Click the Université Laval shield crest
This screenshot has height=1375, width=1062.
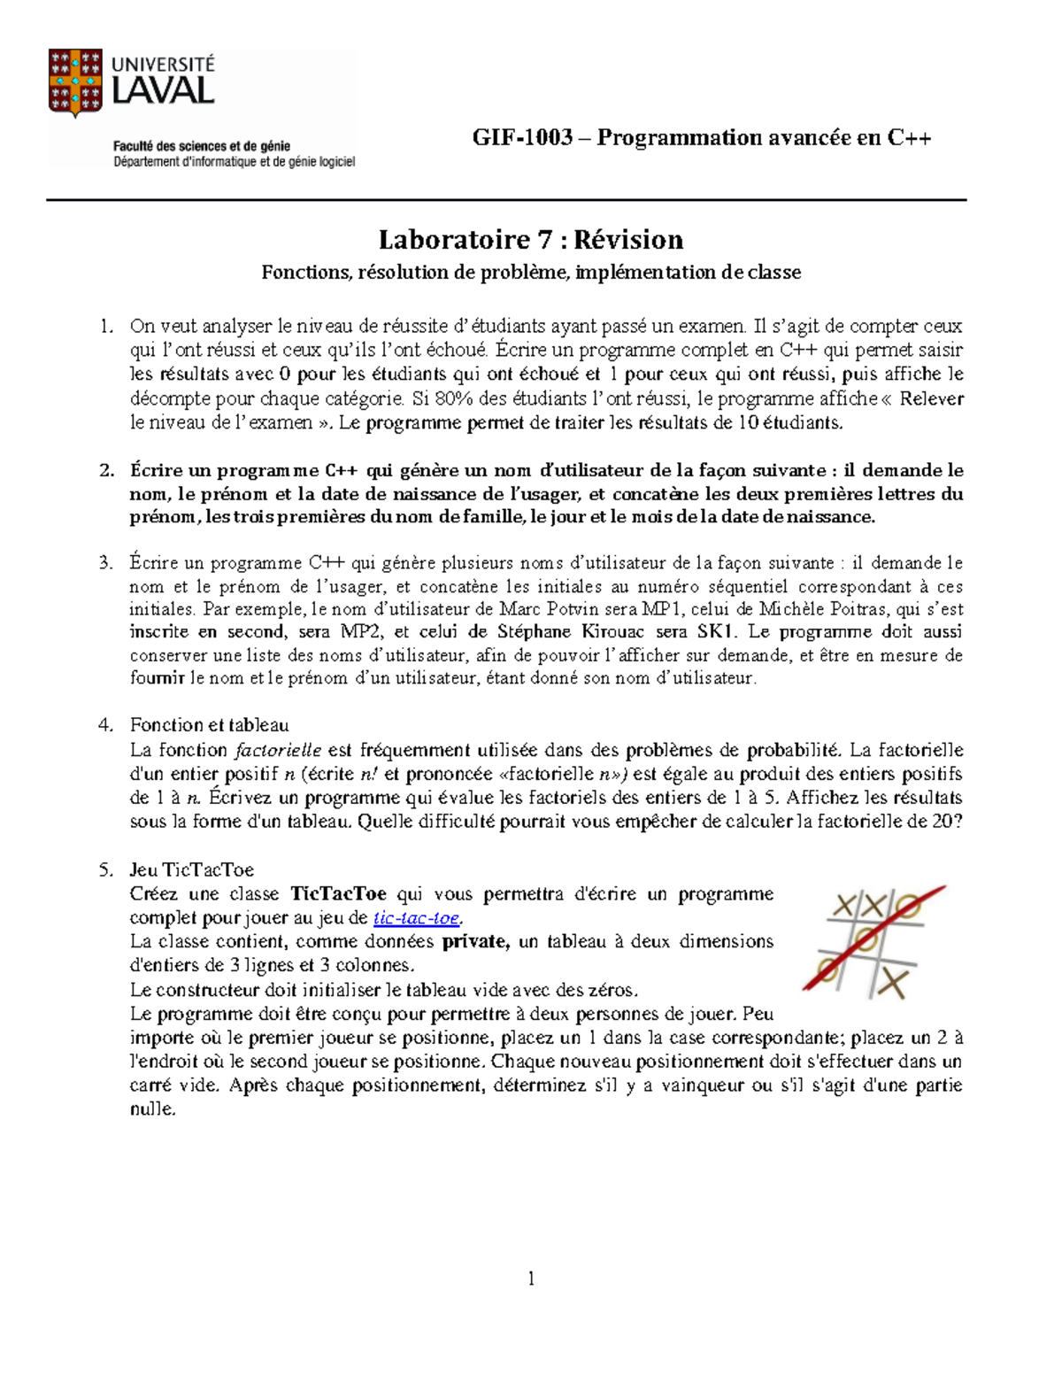pyautogui.click(x=75, y=82)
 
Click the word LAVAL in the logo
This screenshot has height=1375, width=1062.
pyautogui.click(x=163, y=91)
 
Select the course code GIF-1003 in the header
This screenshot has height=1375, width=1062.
pyautogui.click(x=522, y=137)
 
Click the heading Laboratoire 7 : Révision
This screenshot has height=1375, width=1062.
pyautogui.click(x=531, y=240)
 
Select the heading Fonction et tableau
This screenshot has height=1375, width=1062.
pyautogui.click(x=209, y=725)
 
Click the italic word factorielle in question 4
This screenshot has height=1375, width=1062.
pyautogui.click(x=277, y=751)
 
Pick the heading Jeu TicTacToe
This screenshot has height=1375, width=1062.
pyautogui.click(x=192, y=869)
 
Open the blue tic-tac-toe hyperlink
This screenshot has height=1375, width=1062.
pyautogui.click(x=416, y=918)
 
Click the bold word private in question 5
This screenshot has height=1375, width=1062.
pyautogui.click(x=475, y=942)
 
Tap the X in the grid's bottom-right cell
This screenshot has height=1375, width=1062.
pyautogui.click(x=896, y=983)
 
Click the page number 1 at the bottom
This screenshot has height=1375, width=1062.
pyautogui.click(x=531, y=1278)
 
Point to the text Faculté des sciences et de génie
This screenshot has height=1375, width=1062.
pyautogui.click(x=202, y=147)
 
